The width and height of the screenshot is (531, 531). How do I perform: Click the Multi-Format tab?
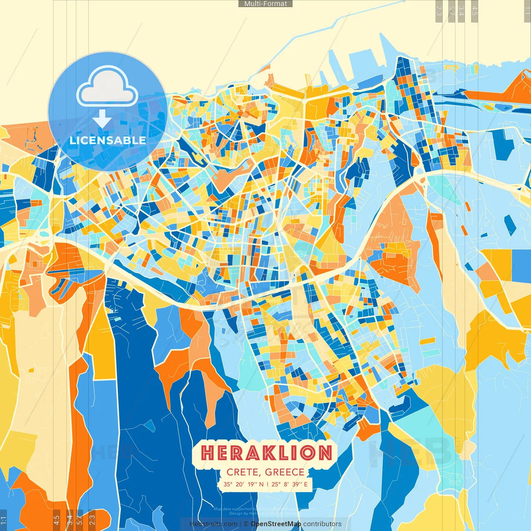click(265, 4)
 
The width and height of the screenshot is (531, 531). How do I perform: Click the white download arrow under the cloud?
click(102, 119)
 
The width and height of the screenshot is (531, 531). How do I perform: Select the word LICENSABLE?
click(107, 140)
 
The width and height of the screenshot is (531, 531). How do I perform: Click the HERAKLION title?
click(266, 453)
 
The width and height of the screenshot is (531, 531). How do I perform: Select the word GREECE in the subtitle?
click(285, 472)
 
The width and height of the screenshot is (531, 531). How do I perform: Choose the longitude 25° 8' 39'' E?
click(290, 484)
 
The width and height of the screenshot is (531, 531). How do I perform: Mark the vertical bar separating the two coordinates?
click(268, 484)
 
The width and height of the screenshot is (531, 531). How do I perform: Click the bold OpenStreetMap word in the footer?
click(276, 524)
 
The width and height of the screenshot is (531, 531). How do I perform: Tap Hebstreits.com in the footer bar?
click(213, 524)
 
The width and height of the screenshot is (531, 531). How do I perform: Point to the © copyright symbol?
click(246, 524)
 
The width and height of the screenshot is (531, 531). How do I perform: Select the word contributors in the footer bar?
click(322, 524)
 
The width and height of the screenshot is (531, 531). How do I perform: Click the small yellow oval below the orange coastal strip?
click(490, 107)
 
